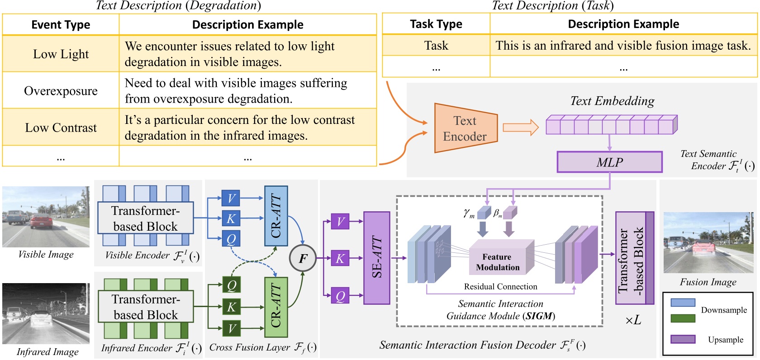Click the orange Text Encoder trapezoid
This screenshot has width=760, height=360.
[x=465, y=128]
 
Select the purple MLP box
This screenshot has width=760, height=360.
[x=609, y=162]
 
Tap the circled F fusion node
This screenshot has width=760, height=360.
[x=302, y=258]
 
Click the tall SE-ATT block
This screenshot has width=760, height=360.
[x=376, y=258]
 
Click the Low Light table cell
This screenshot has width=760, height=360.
[x=61, y=54]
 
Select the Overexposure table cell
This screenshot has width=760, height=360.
[x=61, y=91]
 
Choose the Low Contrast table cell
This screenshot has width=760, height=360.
[x=61, y=128]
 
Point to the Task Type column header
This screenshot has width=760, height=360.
[x=436, y=24]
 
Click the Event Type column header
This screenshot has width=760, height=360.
[x=61, y=25]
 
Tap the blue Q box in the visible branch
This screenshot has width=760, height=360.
[x=231, y=239]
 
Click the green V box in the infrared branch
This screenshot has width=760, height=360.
[x=232, y=328]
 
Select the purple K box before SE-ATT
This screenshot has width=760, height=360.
[x=340, y=258]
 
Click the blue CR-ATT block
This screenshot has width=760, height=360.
[x=275, y=216]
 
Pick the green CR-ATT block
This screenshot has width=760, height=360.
[x=275, y=307]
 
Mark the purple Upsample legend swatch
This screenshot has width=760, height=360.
[x=683, y=339]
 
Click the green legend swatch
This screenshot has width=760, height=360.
[x=683, y=318]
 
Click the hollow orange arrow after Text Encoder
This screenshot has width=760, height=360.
[x=521, y=128]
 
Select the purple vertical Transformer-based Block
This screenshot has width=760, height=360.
[x=634, y=258]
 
